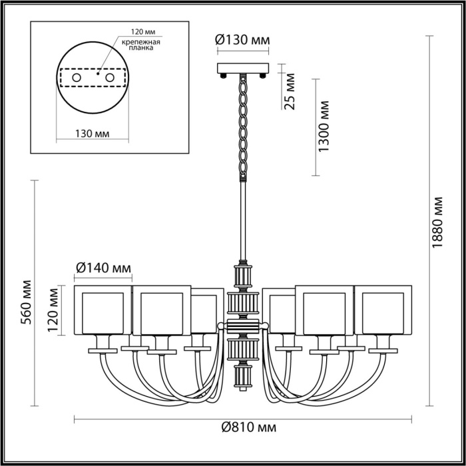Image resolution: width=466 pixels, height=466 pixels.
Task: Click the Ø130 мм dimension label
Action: [x=243, y=40]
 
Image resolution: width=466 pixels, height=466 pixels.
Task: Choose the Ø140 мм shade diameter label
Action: [x=103, y=268]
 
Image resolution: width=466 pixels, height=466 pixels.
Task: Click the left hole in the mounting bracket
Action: [x=77, y=78]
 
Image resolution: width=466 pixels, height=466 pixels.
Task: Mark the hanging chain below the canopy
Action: [x=244, y=126]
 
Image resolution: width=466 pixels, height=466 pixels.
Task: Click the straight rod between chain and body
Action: [x=244, y=220]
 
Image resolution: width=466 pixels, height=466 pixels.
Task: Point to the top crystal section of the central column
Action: [x=243, y=274]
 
